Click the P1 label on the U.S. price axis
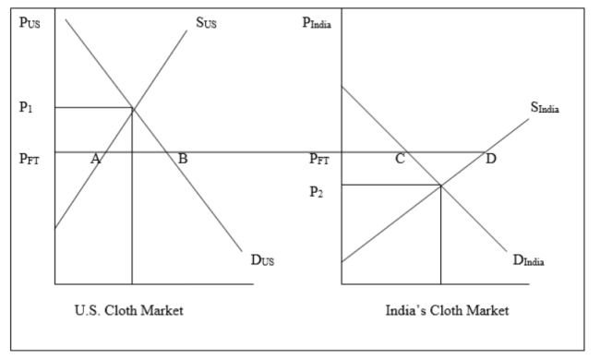point(26,106)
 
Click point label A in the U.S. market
point(95,159)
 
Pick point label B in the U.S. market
point(183,159)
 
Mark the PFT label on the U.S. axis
point(30,159)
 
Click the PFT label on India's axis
point(319,159)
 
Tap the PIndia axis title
point(316,22)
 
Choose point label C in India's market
point(401,159)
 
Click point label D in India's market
point(490,159)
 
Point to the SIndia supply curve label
point(546,108)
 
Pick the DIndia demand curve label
point(529,259)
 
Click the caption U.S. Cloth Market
point(128,310)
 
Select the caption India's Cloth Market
point(447,310)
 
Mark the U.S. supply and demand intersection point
point(133,109)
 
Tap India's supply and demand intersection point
point(440,185)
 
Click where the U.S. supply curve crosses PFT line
point(103,151)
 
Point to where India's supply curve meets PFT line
point(486,151)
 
